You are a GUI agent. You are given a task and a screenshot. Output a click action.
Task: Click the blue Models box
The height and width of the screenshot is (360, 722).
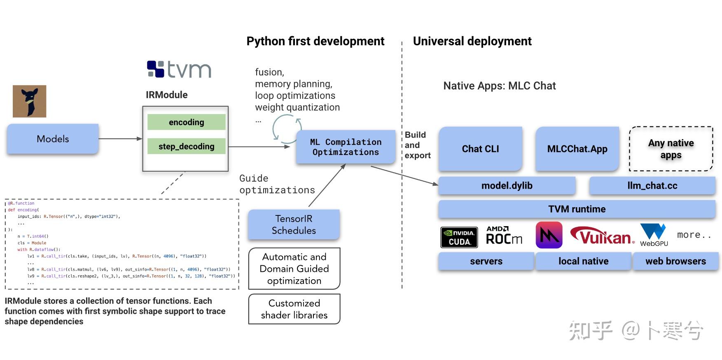click(53, 139)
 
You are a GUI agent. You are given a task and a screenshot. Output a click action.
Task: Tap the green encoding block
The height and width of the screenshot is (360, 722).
click(186, 122)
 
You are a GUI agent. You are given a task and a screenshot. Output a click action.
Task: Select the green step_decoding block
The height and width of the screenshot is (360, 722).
click(186, 146)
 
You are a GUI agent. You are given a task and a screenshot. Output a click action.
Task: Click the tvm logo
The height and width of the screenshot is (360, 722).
click(179, 69)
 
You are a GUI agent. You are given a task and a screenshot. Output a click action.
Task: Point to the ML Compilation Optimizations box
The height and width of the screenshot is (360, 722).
click(345, 147)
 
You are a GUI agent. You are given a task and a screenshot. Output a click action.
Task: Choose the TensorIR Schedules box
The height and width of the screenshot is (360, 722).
click(294, 224)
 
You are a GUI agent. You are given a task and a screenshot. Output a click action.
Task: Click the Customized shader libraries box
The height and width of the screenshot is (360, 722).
click(294, 309)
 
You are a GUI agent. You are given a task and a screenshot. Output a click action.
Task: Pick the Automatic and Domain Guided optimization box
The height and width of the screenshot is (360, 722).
click(294, 269)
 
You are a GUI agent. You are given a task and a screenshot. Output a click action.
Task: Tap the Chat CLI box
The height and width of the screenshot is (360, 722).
click(480, 149)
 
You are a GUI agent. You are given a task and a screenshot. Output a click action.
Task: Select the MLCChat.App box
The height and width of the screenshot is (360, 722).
click(577, 149)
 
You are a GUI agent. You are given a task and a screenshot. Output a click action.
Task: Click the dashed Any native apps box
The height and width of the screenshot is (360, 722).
click(671, 149)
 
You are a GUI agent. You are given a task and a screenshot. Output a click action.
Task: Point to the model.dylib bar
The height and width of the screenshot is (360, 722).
click(507, 186)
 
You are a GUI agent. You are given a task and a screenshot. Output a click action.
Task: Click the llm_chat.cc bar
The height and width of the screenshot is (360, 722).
click(652, 186)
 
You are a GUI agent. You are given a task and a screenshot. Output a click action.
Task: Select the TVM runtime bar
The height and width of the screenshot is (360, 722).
click(577, 209)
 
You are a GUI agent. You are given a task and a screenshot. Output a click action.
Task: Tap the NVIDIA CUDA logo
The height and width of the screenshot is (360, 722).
click(459, 237)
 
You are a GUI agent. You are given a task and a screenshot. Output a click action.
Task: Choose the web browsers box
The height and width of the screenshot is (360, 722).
click(675, 261)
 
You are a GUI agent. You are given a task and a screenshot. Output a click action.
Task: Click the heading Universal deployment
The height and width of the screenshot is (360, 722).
click(472, 41)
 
